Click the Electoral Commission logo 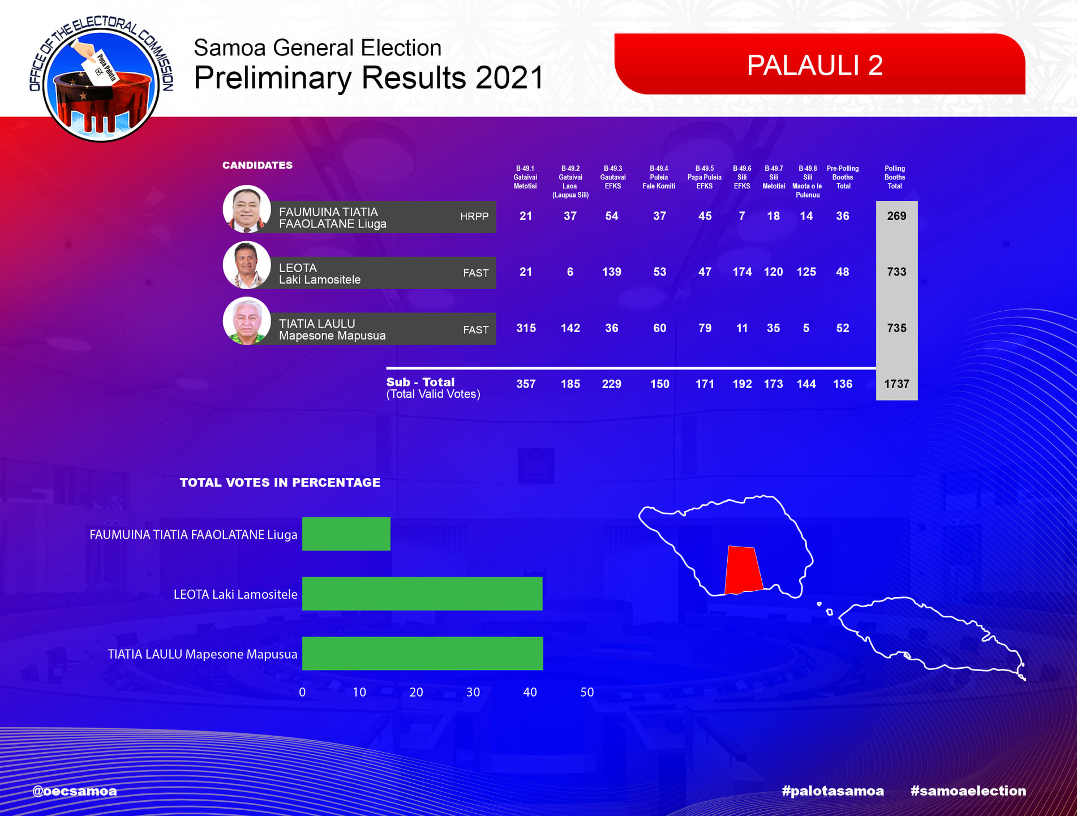point(101,79)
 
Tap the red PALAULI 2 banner point(819,64)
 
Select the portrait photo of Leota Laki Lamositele point(247,265)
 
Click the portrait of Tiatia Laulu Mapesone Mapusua point(247,321)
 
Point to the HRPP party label point(474,216)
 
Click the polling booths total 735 point(896,328)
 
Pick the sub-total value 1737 point(896,384)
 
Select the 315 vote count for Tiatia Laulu point(526,328)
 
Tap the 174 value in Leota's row point(742,272)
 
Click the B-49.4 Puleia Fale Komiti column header point(659,177)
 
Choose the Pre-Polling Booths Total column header point(843,177)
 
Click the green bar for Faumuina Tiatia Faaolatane point(346,534)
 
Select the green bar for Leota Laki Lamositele point(422,594)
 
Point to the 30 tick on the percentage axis point(473,692)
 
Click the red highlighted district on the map point(744,570)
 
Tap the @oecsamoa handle point(75,791)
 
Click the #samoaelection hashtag point(968,791)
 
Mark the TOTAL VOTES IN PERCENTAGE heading point(280,483)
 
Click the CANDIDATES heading point(258,165)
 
